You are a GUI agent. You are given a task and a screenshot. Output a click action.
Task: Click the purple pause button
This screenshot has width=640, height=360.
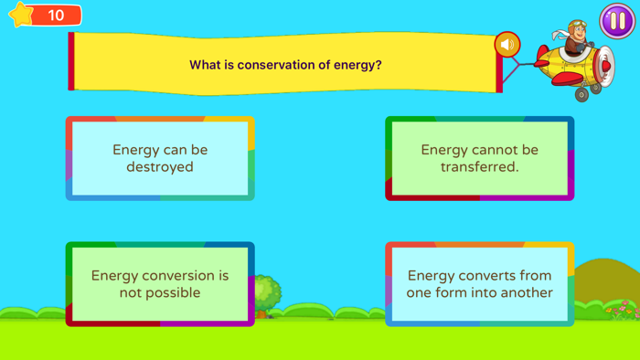(617, 21)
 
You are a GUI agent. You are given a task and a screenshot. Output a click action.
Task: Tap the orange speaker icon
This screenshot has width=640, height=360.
(507, 44)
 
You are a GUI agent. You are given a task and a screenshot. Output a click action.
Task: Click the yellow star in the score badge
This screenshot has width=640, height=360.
(21, 15)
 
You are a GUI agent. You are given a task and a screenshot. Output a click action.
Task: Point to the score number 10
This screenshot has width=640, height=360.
(56, 16)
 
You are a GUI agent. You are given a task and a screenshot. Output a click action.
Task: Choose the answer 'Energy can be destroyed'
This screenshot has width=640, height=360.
(160, 158)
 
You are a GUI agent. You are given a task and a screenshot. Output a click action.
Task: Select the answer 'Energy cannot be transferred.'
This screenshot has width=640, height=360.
(479, 158)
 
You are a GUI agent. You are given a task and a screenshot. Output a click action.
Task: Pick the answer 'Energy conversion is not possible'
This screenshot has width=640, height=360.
(160, 284)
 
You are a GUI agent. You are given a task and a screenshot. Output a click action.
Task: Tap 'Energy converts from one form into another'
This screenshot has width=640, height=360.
(479, 284)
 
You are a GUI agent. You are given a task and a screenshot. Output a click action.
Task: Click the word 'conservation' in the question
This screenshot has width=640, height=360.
(273, 65)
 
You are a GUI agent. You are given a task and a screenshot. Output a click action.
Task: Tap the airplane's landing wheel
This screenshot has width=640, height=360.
(581, 94)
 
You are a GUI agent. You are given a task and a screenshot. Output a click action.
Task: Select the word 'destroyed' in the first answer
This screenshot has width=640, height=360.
(160, 167)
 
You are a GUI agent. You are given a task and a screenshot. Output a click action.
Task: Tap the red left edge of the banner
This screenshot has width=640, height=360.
(71, 62)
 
